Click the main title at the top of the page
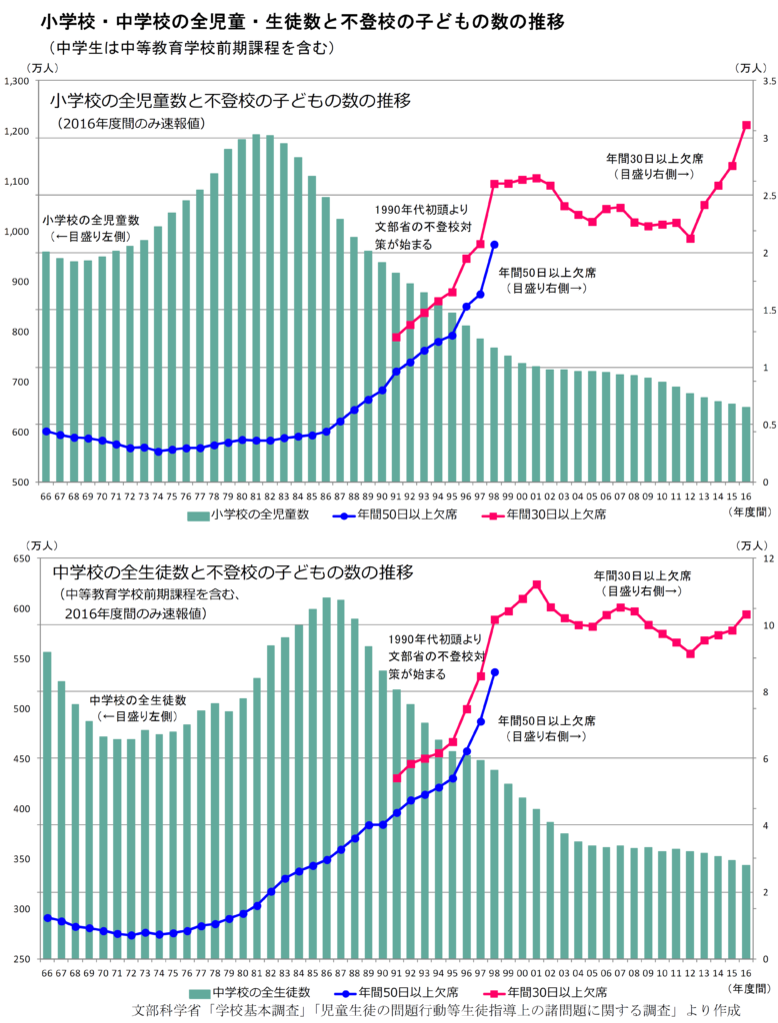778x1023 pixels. click(282, 20)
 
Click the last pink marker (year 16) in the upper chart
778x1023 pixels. click(746, 125)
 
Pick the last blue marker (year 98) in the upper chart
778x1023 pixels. click(494, 245)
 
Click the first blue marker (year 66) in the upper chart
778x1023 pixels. click(46, 431)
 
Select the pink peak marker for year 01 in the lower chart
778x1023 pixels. click(537, 584)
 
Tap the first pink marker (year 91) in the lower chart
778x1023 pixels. click(396, 778)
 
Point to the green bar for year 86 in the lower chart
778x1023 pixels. click(326, 778)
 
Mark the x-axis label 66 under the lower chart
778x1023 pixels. click(46, 973)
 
